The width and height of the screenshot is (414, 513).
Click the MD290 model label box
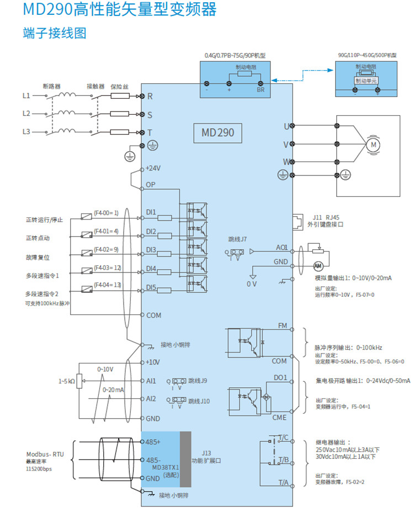pyautogui.click(x=218, y=132)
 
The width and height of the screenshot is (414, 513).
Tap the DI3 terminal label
pyautogui.click(x=151, y=250)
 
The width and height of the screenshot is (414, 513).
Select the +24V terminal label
pyautogui.click(x=153, y=168)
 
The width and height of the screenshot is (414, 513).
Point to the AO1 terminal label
pyautogui.click(x=282, y=248)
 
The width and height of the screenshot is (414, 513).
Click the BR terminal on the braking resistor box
pyautogui.click(x=261, y=89)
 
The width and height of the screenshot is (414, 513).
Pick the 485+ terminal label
pyautogui.click(x=153, y=442)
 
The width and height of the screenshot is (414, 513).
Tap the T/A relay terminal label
pyautogui.click(x=284, y=483)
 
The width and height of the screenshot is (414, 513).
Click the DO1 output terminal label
pyautogui.click(x=281, y=377)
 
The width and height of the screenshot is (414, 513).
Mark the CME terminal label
pyautogui.click(x=279, y=418)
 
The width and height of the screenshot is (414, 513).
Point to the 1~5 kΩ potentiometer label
pyautogui.click(x=67, y=381)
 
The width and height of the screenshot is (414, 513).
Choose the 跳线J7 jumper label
pyautogui.click(x=238, y=240)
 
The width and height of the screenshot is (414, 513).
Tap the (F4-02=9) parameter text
pyautogui.click(x=106, y=250)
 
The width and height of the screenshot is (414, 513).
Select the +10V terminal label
pyautogui.click(x=153, y=362)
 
